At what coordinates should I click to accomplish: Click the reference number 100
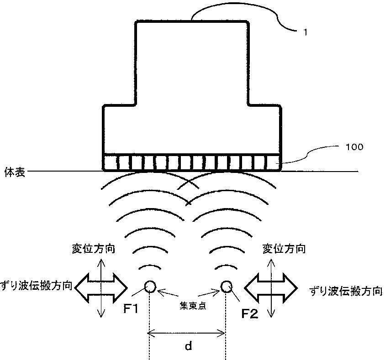click(354, 147)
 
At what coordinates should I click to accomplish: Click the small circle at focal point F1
click(150, 287)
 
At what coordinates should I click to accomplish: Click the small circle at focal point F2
click(226, 287)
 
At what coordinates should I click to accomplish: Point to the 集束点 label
click(188, 305)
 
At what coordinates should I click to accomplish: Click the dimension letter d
click(188, 346)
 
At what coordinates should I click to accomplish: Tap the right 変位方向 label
click(284, 249)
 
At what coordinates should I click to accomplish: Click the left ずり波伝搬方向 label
click(36, 286)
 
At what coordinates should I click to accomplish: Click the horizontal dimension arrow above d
click(187, 334)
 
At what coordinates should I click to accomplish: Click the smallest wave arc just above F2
click(224, 267)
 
